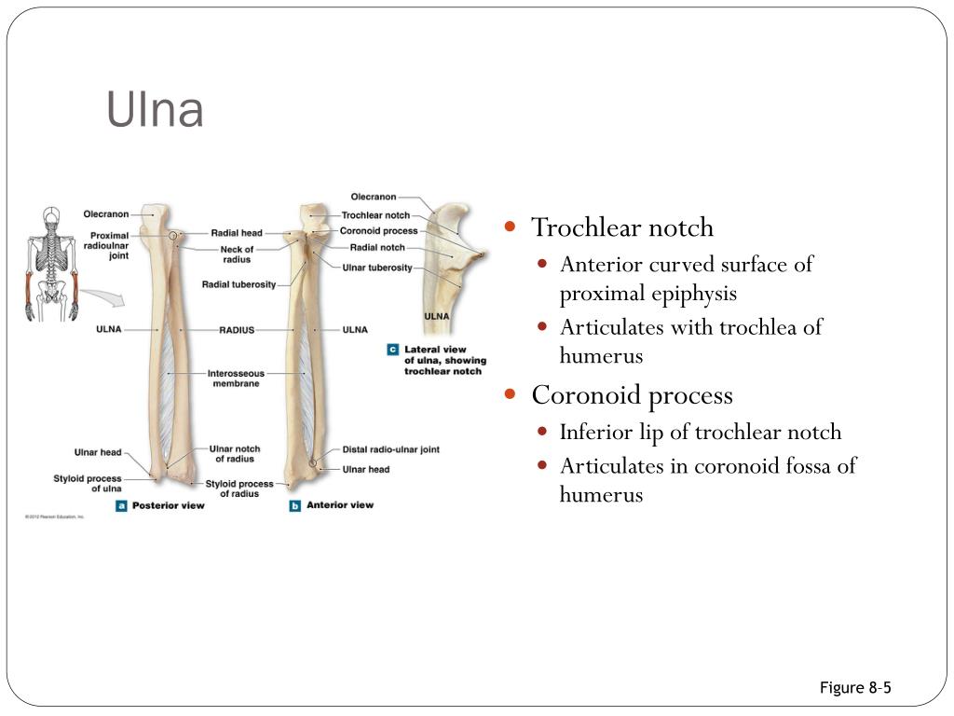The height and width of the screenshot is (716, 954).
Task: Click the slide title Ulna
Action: pos(155,111)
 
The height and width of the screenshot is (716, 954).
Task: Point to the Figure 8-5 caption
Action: pos(855,688)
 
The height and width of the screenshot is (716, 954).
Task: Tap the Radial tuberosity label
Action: pos(238,284)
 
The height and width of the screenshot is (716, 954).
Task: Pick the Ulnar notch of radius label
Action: pos(235,453)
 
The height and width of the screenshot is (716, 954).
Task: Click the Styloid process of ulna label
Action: pos(87,483)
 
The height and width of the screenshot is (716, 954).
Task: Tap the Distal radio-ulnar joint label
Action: pos(390,449)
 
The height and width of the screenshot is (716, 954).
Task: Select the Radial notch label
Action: pos(377,248)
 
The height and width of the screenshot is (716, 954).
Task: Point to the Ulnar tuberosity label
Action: pos(377,268)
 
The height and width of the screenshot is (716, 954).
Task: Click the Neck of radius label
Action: pos(237,254)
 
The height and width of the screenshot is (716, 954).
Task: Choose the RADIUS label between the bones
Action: pos(237,330)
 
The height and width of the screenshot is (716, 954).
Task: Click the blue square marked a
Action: pos(121,505)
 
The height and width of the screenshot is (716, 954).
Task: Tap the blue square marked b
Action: pos(295,505)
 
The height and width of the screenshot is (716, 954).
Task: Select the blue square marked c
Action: pos(392,350)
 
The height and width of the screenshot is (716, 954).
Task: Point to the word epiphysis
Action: pos(694,294)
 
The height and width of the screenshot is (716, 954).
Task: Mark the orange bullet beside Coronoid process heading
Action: pos(510,394)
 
